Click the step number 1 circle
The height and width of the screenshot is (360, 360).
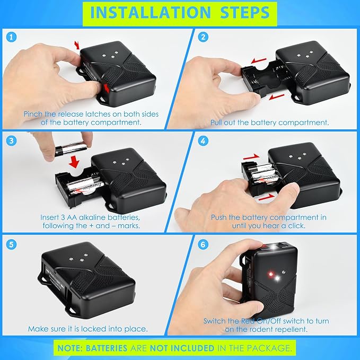(x=12, y=37)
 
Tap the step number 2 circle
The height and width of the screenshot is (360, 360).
(x=203, y=37)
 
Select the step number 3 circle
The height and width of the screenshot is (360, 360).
(x=12, y=141)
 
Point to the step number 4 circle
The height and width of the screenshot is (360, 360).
(x=203, y=141)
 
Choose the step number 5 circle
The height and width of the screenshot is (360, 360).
(x=12, y=244)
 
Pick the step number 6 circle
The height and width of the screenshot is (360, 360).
(x=203, y=244)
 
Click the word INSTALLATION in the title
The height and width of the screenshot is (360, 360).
(x=151, y=12)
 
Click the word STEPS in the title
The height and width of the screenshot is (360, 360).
(x=245, y=12)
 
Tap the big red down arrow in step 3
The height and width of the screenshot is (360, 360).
(x=74, y=162)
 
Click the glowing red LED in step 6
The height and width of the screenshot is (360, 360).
(x=271, y=274)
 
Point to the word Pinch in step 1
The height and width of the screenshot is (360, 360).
(x=33, y=114)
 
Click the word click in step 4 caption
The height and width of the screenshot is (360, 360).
(x=296, y=226)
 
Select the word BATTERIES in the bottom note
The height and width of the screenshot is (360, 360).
(x=107, y=348)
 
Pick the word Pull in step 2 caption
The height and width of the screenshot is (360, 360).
(x=216, y=122)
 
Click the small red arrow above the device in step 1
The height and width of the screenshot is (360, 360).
(x=77, y=45)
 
